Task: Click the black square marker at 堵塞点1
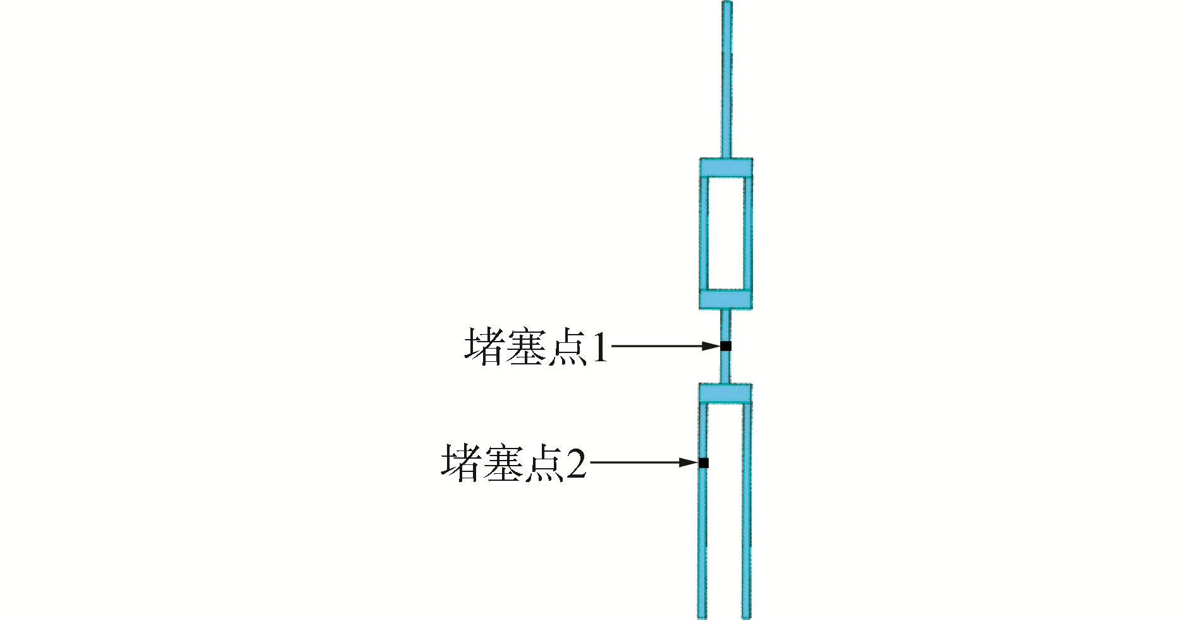click(x=726, y=345)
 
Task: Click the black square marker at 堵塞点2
click(x=703, y=462)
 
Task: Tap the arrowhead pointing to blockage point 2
click(x=689, y=462)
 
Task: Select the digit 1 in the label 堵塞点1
click(x=599, y=347)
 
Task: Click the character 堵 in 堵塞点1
click(x=484, y=347)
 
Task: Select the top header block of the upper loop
click(x=726, y=168)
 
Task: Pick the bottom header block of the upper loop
click(x=725, y=299)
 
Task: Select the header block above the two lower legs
click(x=725, y=394)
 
